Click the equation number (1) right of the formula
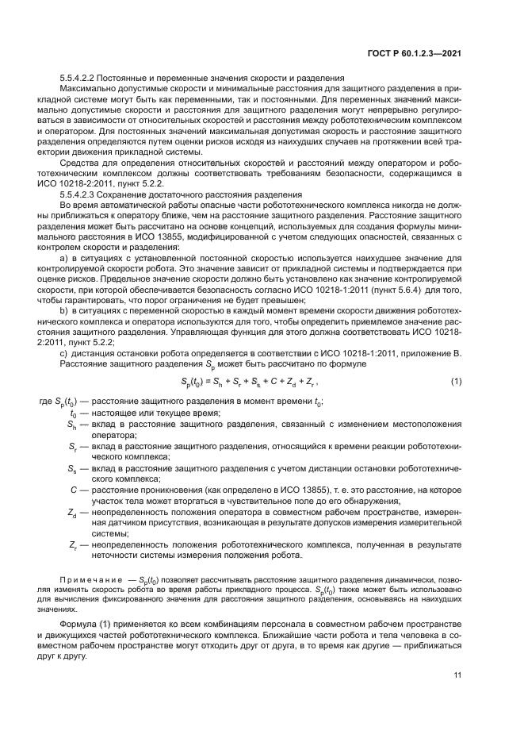tap(456, 382)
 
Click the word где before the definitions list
tap(46, 402)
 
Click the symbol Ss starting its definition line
tap(72, 469)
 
